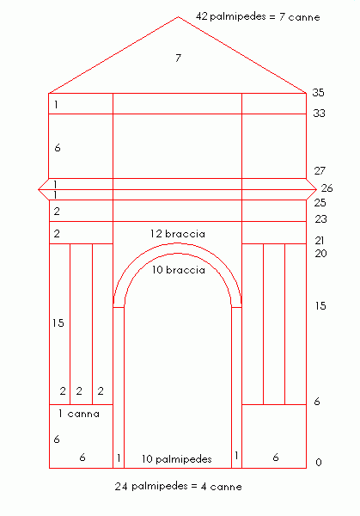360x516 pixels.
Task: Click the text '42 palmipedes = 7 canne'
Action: pos(258,16)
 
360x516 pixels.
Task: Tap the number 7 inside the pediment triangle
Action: pos(178,58)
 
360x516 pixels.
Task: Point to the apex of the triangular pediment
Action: pos(178,17)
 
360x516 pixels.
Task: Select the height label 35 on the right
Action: pos(318,93)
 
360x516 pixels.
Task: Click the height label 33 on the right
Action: pos(319,114)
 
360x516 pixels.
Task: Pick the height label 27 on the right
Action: pos(320,171)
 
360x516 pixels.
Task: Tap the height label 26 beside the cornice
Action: pos(326,188)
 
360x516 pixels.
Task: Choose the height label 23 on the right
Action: pos(320,218)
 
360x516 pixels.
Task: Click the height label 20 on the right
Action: pos(320,254)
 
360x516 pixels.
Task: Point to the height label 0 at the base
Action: pos(318,463)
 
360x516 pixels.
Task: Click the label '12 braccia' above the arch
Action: pos(178,234)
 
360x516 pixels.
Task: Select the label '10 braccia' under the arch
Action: pos(178,270)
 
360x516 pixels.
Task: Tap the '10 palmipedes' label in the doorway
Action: pos(176,459)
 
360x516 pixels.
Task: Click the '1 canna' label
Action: pos(79,414)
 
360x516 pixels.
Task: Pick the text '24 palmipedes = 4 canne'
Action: pos(178,487)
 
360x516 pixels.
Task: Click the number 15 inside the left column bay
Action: pos(58,323)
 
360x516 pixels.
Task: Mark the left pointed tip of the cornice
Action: pos(39,189)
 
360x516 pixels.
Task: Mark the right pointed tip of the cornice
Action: pos(316,189)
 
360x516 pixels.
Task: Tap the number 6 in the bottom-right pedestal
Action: pos(276,458)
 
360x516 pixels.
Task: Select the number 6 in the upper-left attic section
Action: pos(58,148)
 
